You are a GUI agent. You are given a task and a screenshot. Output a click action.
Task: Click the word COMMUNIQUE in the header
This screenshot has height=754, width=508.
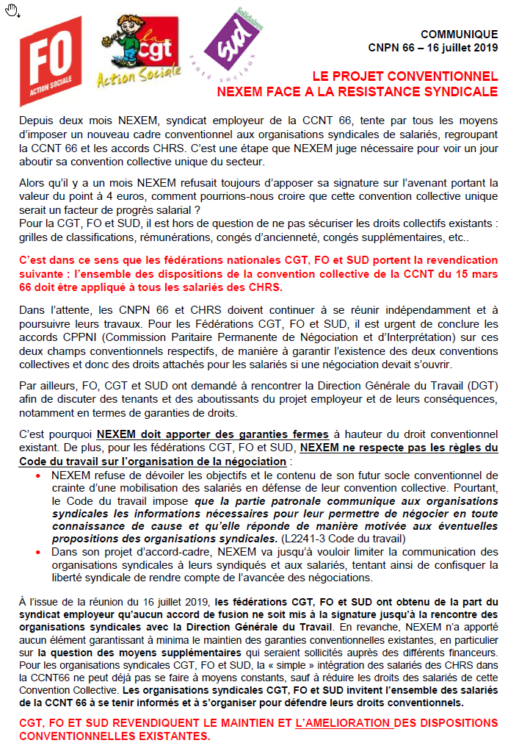pos(459,35)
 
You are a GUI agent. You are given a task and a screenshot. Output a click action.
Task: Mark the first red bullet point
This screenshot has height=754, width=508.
pos(39,475)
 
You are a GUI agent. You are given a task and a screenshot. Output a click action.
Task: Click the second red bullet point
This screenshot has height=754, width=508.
pos(39,551)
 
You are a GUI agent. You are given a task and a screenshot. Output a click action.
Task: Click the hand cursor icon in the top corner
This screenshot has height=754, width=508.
pos(12,10)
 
